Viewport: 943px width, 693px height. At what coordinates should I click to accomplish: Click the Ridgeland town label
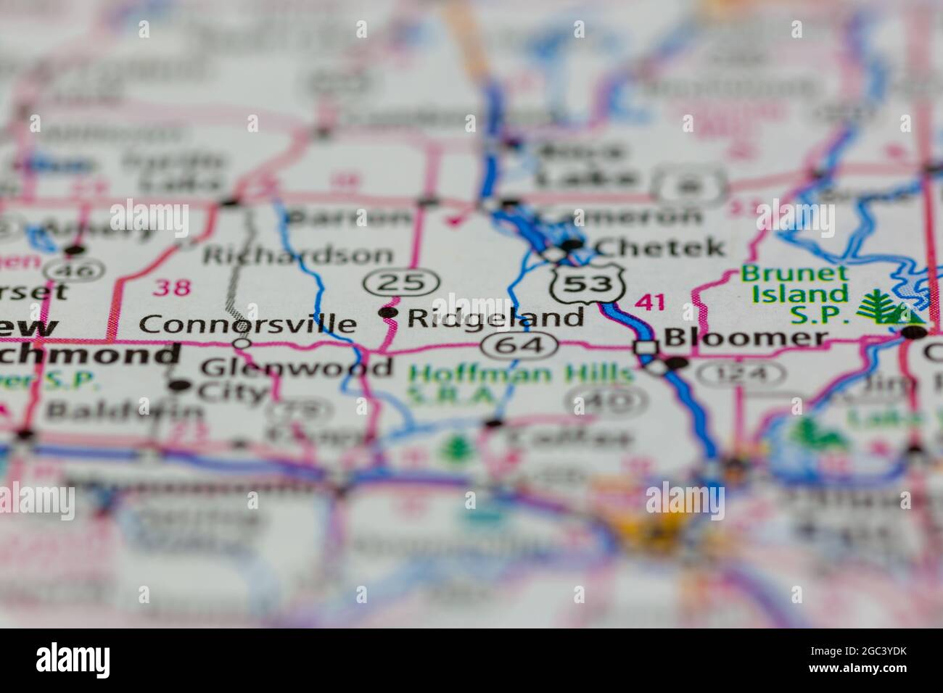[x=495, y=317]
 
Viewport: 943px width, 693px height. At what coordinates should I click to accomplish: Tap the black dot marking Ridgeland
[x=389, y=312]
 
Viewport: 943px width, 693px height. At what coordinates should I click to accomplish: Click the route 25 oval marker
[x=403, y=283]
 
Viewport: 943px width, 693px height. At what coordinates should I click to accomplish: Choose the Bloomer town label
[x=745, y=338]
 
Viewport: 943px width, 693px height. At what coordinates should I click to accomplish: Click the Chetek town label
[x=659, y=247]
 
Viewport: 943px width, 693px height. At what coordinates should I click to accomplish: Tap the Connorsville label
[x=247, y=323]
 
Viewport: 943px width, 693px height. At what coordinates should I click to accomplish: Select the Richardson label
[x=298, y=255]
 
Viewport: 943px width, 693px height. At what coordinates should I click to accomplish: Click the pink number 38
[x=173, y=288]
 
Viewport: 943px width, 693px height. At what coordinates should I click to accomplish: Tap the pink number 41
[x=648, y=302]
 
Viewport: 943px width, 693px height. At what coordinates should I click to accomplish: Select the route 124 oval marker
[x=741, y=375]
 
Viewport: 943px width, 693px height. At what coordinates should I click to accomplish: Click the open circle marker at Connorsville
[x=242, y=341]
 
